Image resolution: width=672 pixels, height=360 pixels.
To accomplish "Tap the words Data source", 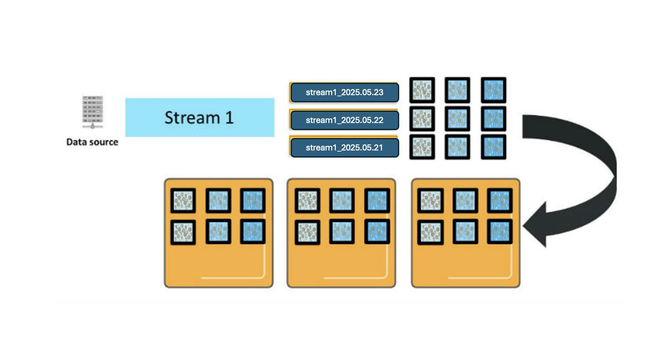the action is click(92, 142).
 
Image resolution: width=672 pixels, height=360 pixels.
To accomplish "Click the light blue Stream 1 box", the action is click(200, 117).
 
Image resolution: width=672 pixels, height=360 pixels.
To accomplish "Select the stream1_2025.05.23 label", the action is click(345, 92).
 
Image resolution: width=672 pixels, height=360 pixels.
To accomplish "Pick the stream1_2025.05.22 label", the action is click(345, 120).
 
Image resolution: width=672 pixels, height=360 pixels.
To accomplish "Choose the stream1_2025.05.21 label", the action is click(345, 148).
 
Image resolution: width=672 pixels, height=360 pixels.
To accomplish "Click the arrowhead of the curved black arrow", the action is click(536, 225).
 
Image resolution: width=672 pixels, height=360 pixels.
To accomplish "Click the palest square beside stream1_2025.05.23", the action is click(422, 90).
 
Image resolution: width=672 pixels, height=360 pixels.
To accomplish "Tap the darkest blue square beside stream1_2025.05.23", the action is click(494, 90).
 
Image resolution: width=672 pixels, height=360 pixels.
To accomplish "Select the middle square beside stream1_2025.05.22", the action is click(457, 118).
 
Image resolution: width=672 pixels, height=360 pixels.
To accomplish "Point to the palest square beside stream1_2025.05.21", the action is click(422, 147).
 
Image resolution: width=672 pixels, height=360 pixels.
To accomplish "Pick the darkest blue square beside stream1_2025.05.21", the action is click(494, 147).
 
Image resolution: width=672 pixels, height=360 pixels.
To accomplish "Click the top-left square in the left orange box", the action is click(183, 200).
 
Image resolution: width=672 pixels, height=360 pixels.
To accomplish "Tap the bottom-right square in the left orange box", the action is click(253, 232).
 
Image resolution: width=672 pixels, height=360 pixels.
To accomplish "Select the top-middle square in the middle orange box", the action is click(342, 200).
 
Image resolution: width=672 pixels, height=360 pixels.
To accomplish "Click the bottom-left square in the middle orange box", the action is click(307, 232).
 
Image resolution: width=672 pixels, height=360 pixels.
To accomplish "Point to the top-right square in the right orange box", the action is click(500, 200).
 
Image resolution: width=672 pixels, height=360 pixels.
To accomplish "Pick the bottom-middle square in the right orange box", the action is click(465, 232).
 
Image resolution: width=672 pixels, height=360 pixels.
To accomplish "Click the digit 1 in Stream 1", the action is click(230, 118).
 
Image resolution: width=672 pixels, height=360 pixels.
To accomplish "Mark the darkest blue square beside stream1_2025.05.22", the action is click(494, 118).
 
